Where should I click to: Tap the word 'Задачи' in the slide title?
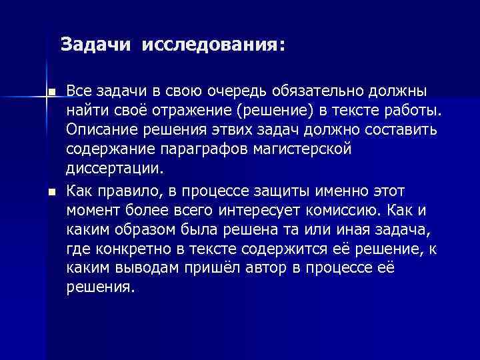97,45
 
